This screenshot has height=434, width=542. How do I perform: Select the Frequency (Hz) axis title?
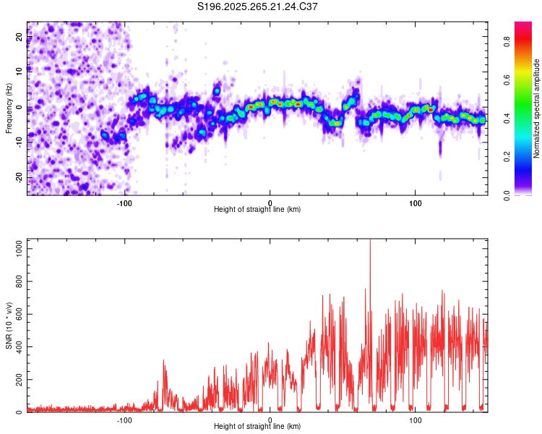[9, 108]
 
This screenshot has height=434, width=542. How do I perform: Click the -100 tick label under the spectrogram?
[125, 202]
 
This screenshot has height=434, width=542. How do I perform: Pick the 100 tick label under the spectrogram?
[416, 202]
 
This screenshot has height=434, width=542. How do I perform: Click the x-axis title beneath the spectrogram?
[257, 209]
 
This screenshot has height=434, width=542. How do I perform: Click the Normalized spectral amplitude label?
[537, 109]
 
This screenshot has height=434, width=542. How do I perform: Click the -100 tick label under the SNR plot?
[125, 420]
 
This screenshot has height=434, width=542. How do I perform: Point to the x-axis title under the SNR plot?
[257, 427]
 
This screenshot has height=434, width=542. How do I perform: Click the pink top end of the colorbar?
[523, 25]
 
